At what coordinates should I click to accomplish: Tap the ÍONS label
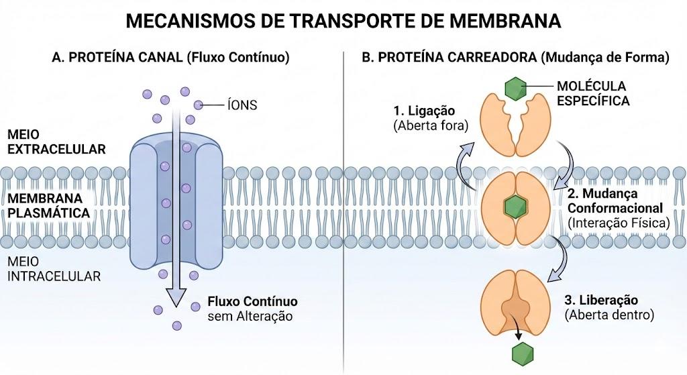pyautogui.click(x=242, y=105)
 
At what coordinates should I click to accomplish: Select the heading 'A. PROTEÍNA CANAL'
pyautogui.click(x=117, y=58)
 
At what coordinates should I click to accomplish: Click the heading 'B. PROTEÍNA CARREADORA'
pyautogui.click(x=449, y=58)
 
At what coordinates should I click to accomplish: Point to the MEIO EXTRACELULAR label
pyautogui.click(x=56, y=142)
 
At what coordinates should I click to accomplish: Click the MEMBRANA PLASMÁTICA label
pyautogui.click(x=48, y=205)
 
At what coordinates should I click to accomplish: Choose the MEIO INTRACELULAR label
pyautogui.click(x=54, y=269)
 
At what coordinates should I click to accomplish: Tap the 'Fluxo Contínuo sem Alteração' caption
pyautogui.click(x=252, y=309)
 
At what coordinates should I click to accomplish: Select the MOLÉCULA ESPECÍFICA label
pyautogui.click(x=593, y=93)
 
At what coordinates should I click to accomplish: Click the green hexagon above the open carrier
pyautogui.click(x=515, y=89)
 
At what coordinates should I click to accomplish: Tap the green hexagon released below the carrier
pyautogui.click(x=523, y=353)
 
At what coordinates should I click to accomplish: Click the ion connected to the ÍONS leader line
pyautogui.click(x=199, y=105)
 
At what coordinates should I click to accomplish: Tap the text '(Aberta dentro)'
pyautogui.click(x=609, y=315)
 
